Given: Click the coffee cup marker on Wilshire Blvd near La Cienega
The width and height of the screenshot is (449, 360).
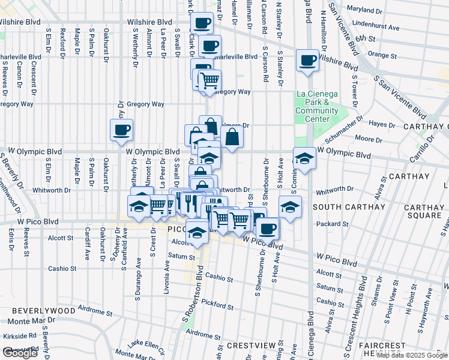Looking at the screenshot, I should pyautogui.click(x=307, y=61).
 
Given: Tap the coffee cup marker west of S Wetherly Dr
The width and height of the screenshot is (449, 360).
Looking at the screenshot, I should pyautogui.click(x=121, y=130).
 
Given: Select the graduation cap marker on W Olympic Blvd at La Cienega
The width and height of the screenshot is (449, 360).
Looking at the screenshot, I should pyautogui.click(x=305, y=159).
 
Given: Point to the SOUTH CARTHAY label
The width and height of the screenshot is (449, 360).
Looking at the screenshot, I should pyautogui.click(x=349, y=207).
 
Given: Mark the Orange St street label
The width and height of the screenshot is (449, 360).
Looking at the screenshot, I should pyautogui.click(x=379, y=54).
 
